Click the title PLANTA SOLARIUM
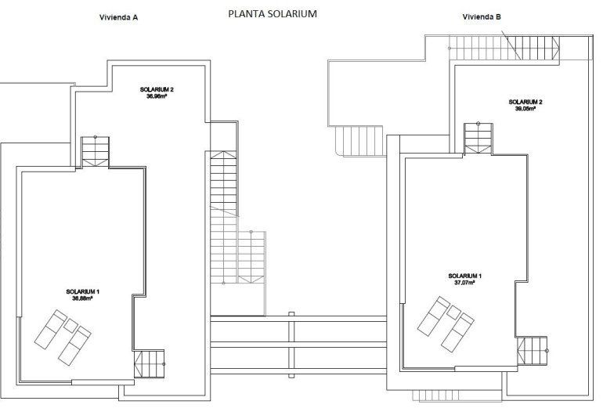pos(272,13)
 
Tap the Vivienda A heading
pos(119,16)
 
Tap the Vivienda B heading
pos(482,16)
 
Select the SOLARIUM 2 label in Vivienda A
pos(157,89)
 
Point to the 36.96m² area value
pos(157,96)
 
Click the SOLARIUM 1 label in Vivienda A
pos(82,291)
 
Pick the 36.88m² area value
pos(82,298)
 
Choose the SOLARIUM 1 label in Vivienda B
pos(465,276)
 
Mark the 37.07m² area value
pos(465,283)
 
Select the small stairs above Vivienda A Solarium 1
pos(96,150)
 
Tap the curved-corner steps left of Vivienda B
pos(359,142)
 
